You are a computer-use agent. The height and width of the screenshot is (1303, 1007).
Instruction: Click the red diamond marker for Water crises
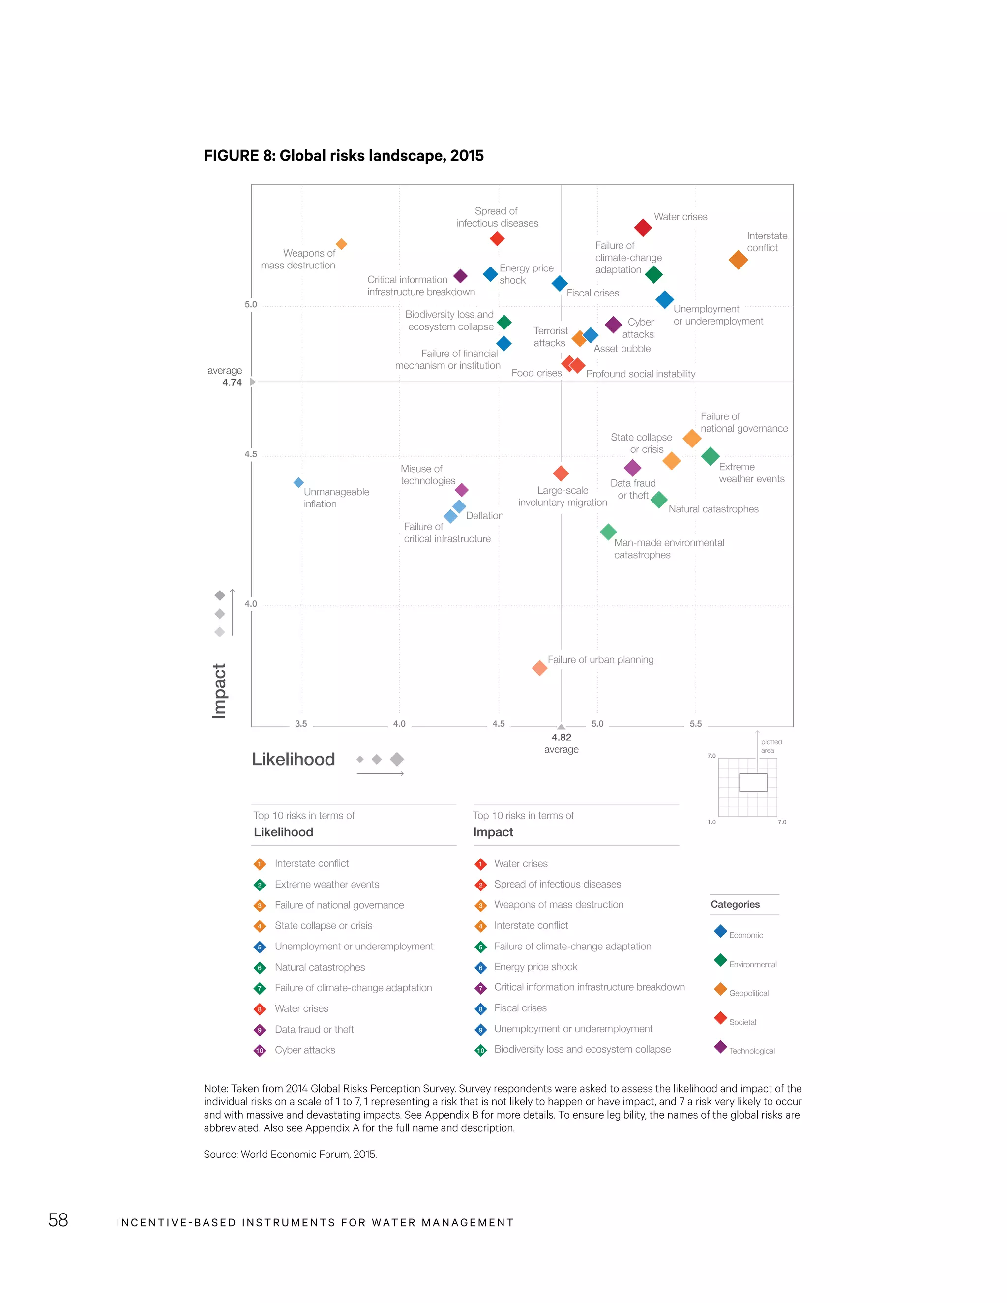coord(643,227)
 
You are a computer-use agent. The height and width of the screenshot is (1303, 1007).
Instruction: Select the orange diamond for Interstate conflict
coord(738,260)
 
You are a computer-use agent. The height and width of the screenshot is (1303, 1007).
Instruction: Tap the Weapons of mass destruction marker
coord(341,244)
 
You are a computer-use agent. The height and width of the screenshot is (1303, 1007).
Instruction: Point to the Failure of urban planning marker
coord(539,668)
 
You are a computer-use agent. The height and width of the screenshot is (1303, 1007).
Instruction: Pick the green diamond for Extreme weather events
coord(710,456)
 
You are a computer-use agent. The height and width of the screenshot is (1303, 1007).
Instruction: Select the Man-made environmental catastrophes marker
coord(608,532)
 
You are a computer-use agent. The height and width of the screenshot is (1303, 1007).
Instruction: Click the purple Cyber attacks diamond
coord(613,325)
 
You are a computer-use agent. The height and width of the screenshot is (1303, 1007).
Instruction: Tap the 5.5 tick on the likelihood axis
coord(696,724)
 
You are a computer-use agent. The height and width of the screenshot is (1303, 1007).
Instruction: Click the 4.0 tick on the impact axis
coord(251,604)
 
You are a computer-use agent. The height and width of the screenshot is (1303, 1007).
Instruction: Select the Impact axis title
coord(219,690)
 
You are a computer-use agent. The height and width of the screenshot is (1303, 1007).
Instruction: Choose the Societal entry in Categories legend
coord(742,1022)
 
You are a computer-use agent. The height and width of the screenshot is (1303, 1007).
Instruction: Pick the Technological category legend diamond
coord(720,1046)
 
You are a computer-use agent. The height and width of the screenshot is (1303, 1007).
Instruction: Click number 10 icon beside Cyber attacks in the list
coord(260,1051)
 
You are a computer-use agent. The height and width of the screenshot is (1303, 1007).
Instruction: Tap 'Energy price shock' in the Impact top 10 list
coord(535,967)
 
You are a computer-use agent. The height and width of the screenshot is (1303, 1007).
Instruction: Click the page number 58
coord(58,1220)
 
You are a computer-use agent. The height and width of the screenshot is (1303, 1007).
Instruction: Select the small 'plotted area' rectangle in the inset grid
coord(753,782)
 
